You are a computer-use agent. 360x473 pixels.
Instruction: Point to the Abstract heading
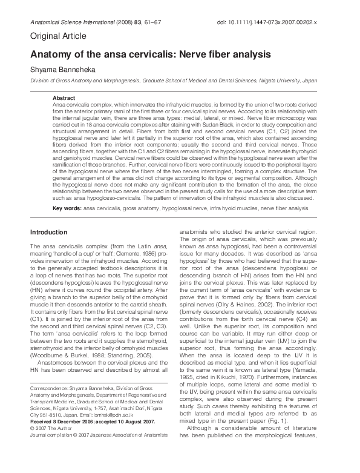click(64, 98)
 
